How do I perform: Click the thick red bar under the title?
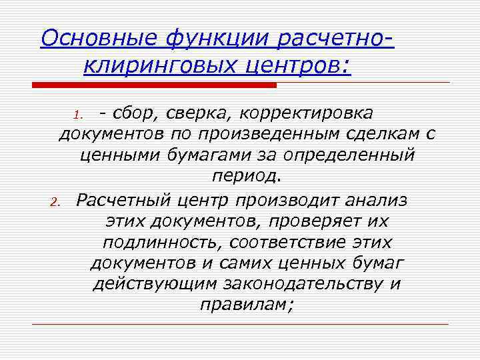coord(155,85)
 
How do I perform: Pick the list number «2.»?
coord(58,201)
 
